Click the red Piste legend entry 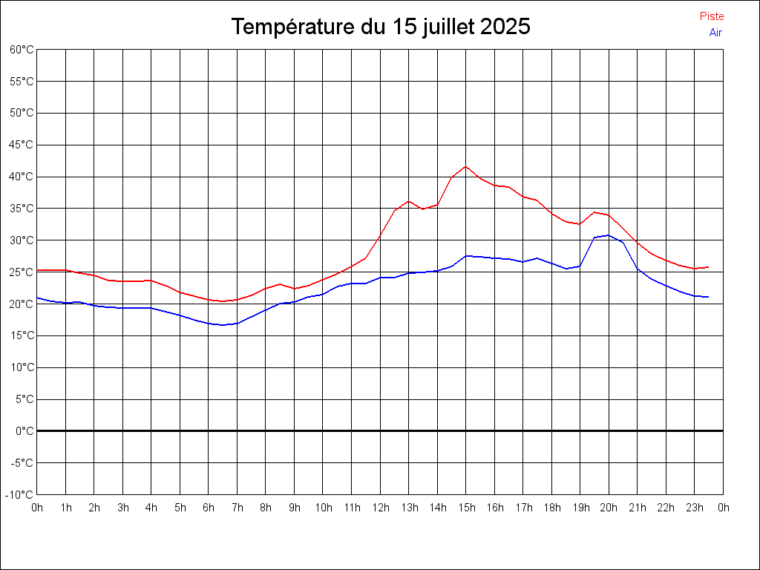click(711, 16)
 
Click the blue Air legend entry click(715, 33)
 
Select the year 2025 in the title click(505, 27)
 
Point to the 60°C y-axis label click(22, 50)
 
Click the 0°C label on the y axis click(24, 430)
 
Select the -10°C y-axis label click(21, 494)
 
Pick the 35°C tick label click(22, 209)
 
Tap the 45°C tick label click(22, 145)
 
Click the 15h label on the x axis click(466, 508)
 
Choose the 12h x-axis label click(380, 508)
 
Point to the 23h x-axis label click(695, 508)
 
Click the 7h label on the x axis click(237, 508)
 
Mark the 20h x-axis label click(609, 508)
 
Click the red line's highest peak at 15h click(466, 166)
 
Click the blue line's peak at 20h click(609, 235)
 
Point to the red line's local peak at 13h click(409, 201)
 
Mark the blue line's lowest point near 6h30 click(223, 325)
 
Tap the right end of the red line click(709, 266)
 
